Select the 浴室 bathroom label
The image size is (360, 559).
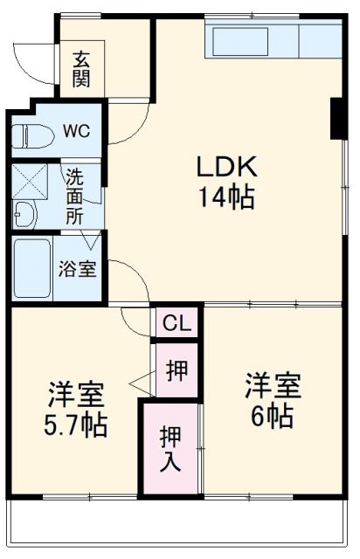point(78,269)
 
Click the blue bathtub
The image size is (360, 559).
point(34,266)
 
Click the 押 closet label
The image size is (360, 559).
point(176,369)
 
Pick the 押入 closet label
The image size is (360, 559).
point(170,447)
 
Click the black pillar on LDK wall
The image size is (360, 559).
point(336,120)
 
